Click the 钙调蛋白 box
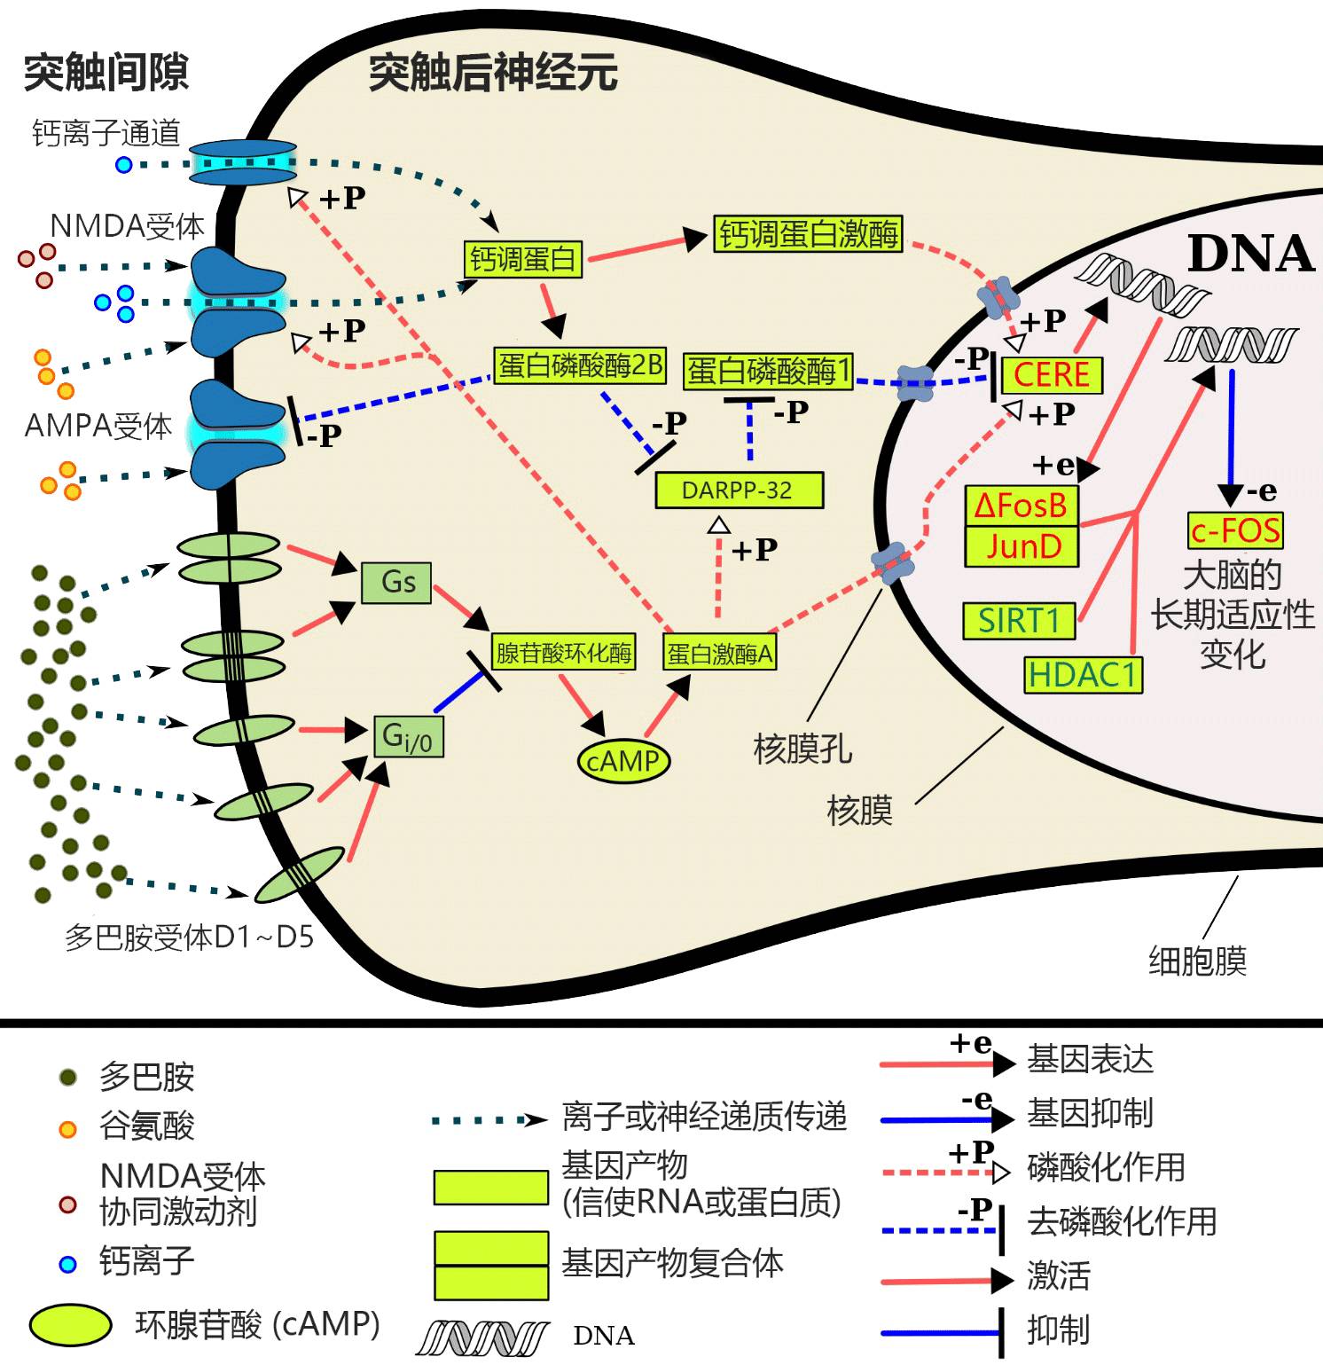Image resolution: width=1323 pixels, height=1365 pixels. (x=523, y=259)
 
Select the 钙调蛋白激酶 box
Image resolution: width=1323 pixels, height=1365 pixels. (x=808, y=234)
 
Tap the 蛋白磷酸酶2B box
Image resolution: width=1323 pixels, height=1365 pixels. (x=580, y=365)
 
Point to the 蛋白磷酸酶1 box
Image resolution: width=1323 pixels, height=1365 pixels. (x=768, y=371)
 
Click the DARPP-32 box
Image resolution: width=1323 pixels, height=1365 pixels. (x=739, y=490)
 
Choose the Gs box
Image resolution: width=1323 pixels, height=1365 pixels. (x=397, y=582)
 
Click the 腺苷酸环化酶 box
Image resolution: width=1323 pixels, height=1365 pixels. (x=564, y=654)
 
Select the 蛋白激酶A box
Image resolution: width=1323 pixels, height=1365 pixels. (x=720, y=654)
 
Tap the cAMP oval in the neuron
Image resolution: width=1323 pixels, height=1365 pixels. (x=623, y=761)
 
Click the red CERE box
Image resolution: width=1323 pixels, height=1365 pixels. (x=1052, y=374)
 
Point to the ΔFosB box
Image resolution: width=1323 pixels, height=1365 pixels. (x=1021, y=506)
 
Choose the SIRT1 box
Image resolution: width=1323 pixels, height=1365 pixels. (x=1020, y=621)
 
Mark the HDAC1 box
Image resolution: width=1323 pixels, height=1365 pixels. (x=1083, y=675)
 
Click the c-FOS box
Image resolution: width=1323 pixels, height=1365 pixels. (x=1235, y=530)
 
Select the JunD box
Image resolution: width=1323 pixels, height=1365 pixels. (x=1022, y=546)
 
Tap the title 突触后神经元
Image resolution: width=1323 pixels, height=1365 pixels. (x=493, y=73)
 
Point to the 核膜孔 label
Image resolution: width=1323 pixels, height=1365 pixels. (x=802, y=749)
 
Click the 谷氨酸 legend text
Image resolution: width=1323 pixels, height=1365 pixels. (x=146, y=1126)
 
